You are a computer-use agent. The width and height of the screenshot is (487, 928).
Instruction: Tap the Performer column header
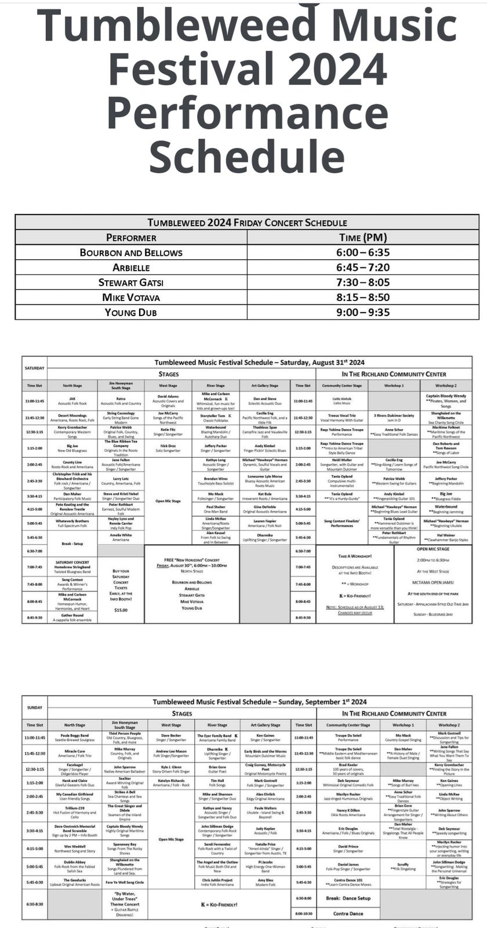[131, 237]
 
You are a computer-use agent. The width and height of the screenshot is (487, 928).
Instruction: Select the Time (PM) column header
[363, 237]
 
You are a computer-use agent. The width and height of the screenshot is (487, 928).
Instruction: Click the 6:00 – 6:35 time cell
[363, 252]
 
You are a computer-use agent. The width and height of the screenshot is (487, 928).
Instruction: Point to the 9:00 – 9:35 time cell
[363, 312]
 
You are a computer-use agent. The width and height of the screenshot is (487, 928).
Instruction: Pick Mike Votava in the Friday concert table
[131, 297]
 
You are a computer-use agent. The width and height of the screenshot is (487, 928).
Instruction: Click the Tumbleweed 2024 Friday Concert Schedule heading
[247, 222]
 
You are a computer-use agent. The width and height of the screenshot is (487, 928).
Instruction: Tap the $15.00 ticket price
[121, 610]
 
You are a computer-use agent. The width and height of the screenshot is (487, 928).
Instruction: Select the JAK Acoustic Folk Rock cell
[72, 401]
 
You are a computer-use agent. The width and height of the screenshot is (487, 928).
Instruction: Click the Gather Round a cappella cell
[72, 618]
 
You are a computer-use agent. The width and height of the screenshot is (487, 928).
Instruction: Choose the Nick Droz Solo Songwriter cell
[168, 448]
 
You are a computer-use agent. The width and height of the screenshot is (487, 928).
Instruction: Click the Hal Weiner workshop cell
[445, 537]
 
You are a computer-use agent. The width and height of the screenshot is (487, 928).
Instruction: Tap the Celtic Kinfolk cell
[342, 401]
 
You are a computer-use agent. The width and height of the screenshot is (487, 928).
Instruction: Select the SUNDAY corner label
[35, 708]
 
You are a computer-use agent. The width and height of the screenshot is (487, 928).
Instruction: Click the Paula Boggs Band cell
[75, 738]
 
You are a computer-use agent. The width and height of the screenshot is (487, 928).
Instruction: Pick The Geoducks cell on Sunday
[75, 882]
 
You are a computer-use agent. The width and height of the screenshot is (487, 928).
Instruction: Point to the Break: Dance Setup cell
[348, 898]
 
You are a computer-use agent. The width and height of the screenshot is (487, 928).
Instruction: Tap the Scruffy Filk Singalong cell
[403, 867]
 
